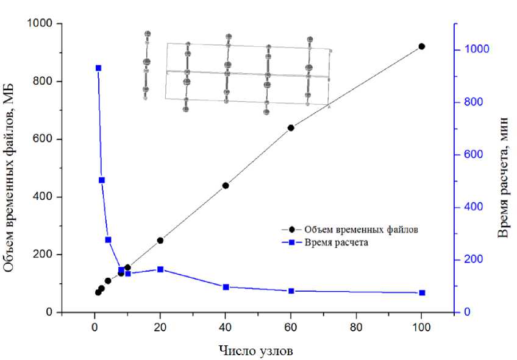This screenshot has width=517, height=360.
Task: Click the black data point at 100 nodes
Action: [x=421, y=46]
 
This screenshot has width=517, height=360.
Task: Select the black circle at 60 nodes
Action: [x=291, y=128]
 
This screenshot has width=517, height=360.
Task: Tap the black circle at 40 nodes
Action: [x=226, y=185]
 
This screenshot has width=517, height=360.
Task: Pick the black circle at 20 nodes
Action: [x=160, y=241]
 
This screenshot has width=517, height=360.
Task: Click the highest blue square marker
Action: [x=98, y=68]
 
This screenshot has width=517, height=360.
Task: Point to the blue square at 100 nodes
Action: [x=422, y=293]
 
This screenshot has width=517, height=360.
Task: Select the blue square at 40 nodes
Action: [x=226, y=287]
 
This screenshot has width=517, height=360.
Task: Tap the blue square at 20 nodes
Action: [x=160, y=269]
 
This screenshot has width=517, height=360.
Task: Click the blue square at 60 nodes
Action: [x=291, y=291]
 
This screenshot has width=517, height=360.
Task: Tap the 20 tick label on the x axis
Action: [x=160, y=326]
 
